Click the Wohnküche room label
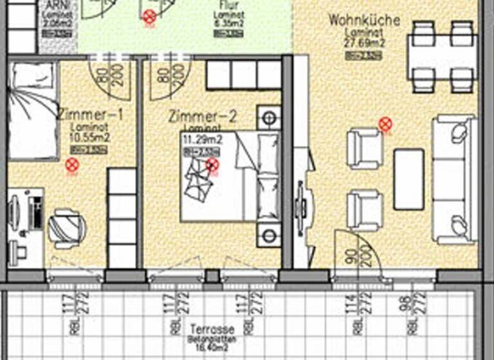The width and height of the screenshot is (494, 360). point(363,21)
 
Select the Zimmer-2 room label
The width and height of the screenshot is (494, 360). point(203,117)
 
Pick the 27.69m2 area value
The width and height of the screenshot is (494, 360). point(363,43)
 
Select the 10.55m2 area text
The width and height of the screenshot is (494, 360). point(89,137)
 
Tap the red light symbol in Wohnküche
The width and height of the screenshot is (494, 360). point(385,123)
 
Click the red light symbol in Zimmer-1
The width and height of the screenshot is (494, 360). point(71,165)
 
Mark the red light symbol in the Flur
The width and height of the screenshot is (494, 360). point(149,15)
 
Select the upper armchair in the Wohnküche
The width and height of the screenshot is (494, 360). point(364,148)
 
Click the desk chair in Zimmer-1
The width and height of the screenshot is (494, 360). point(66,228)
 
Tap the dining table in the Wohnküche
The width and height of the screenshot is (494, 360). point(441,57)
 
